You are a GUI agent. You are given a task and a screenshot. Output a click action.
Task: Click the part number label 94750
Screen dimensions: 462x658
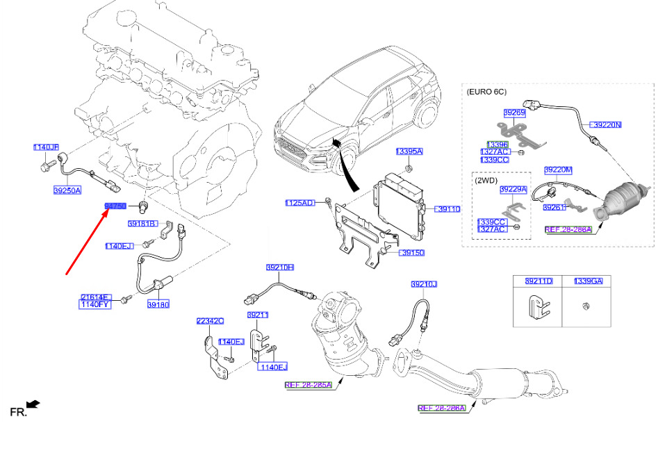point(115,206)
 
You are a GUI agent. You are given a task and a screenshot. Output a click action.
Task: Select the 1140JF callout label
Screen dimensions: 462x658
point(47,147)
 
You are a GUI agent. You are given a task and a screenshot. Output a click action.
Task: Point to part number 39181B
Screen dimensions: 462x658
point(142,224)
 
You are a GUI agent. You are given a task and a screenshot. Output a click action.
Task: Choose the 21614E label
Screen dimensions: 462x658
point(95,297)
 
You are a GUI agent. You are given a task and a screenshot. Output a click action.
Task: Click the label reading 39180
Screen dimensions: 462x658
point(158,304)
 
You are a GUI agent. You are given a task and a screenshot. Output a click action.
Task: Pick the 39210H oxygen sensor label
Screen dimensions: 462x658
point(280,267)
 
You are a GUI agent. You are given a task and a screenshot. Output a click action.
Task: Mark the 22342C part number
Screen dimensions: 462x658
point(210,321)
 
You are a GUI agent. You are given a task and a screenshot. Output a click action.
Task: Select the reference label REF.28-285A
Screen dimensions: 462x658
point(309,384)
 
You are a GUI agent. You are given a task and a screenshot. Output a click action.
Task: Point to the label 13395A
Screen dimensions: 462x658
point(409,151)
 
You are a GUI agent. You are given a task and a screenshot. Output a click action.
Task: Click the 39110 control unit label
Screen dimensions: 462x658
point(448,208)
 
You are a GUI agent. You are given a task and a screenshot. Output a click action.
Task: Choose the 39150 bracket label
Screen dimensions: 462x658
point(412,253)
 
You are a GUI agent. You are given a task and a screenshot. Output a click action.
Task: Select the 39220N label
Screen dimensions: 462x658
point(607,125)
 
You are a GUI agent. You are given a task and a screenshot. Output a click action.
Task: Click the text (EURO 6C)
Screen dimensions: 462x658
point(487,91)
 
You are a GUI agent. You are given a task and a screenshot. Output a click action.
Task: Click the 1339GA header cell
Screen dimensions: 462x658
point(589,281)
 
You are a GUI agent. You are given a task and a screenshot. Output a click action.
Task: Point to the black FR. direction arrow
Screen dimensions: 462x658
point(33,404)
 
